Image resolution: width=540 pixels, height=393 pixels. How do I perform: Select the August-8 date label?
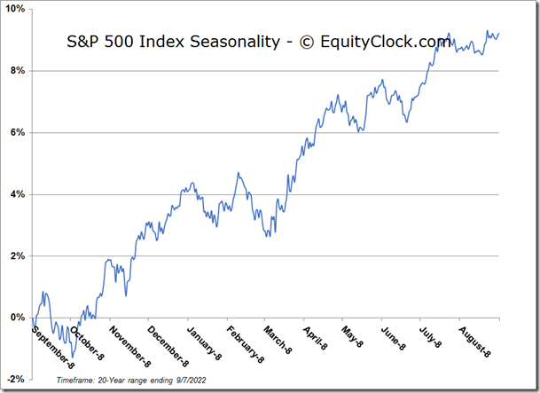[474, 339]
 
